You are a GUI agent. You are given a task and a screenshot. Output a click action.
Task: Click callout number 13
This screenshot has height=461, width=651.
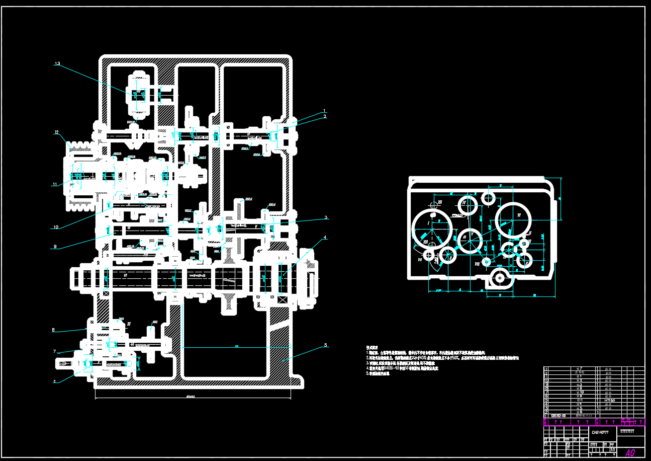coord(57,64)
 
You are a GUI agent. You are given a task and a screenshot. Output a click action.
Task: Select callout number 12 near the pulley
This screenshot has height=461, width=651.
coord(57,132)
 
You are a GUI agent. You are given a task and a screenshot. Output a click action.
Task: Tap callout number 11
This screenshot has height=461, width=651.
coord(55,184)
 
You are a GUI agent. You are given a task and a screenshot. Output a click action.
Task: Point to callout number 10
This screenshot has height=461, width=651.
coord(55,227)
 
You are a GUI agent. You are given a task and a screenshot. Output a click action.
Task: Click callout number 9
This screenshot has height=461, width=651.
coord(55,247)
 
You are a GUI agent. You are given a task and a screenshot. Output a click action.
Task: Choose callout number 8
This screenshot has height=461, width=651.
coord(53,330)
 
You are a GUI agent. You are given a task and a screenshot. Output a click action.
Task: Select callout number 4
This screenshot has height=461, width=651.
coord(325,237)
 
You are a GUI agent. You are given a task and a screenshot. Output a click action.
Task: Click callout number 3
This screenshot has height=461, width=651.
coord(326,217)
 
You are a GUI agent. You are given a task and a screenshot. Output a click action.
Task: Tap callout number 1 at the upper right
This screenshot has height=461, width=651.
coord(325,111)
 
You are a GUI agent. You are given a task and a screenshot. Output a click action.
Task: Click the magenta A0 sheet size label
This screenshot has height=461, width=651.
coord(629,452)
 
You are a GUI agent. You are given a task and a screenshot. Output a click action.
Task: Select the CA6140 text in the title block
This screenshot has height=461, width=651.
coord(600,432)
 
